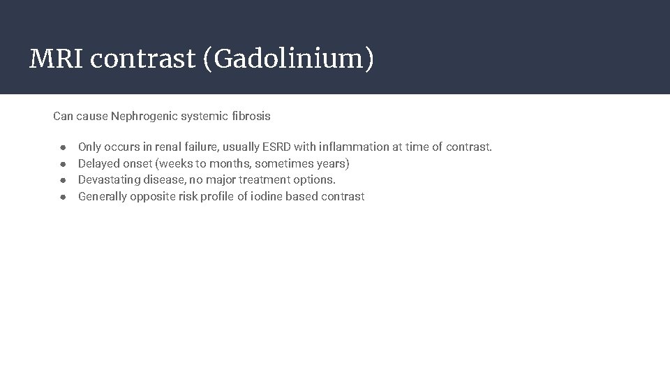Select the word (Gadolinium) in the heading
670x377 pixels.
pos(288,59)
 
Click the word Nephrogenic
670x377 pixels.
pos(144,116)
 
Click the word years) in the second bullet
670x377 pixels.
pos(332,163)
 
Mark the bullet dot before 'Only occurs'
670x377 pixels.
pos(63,147)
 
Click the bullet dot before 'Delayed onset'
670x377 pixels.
pos(63,164)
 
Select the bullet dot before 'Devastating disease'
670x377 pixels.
pos(63,180)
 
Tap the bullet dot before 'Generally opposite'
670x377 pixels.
pos(63,197)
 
